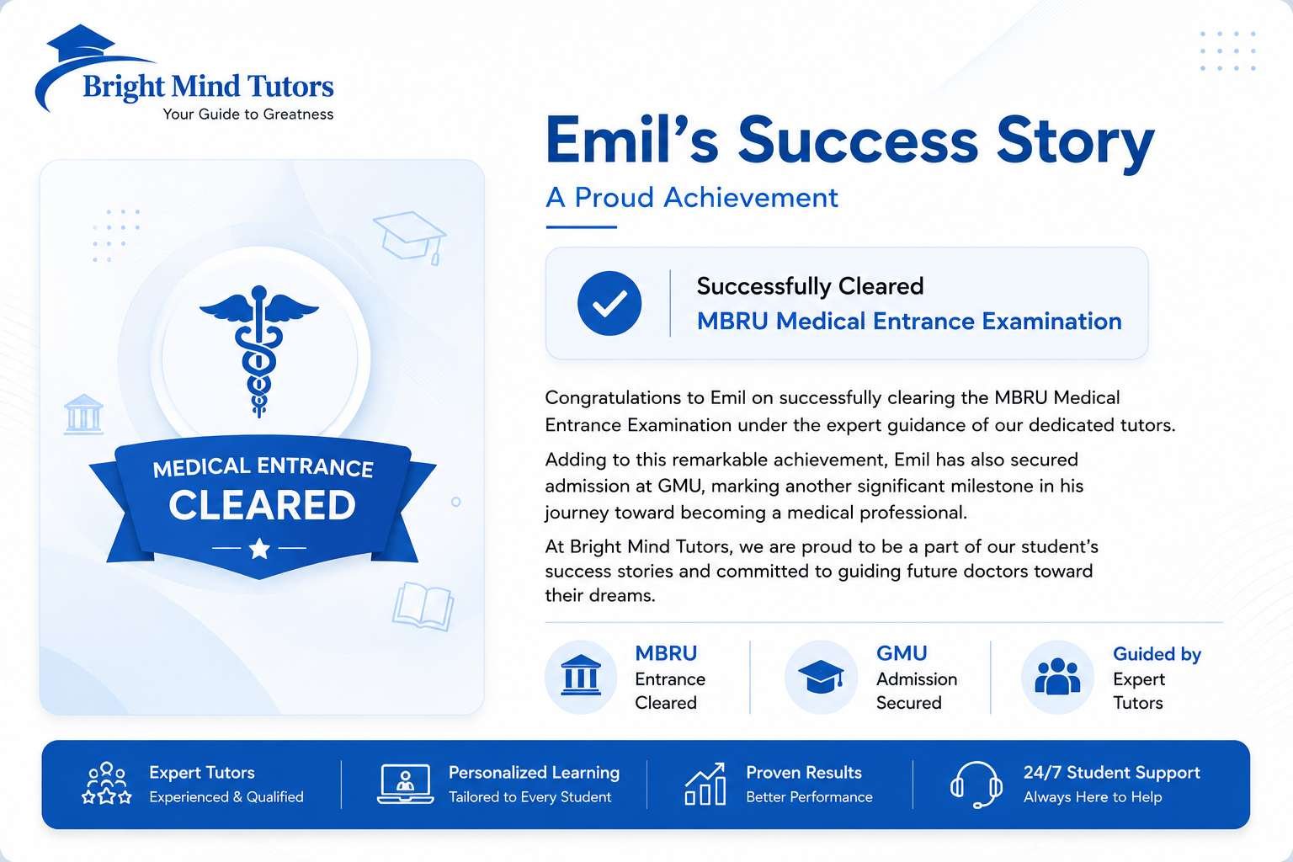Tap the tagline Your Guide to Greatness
click(248, 114)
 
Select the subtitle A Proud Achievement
click(691, 198)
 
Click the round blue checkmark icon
click(609, 303)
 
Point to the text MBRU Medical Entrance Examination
click(909, 321)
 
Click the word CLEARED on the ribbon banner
click(262, 505)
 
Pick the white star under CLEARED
click(259, 548)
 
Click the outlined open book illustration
click(423, 605)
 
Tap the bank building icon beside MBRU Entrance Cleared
click(581, 675)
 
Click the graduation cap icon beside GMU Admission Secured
click(821, 676)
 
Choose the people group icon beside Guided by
click(1057, 676)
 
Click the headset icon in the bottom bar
click(976, 785)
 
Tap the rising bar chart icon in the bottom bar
click(705, 784)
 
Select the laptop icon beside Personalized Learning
click(405, 784)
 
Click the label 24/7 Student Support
click(1112, 773)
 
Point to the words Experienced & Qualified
click(226, 796)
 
